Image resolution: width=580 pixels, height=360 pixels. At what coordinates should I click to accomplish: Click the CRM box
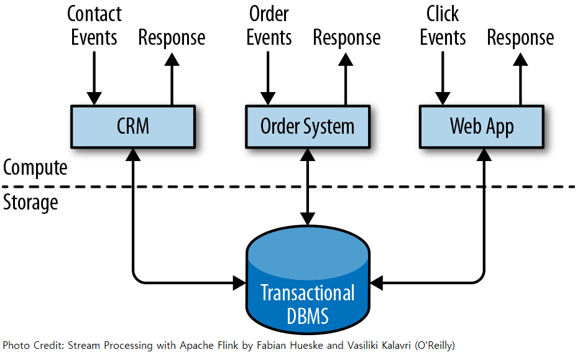(133, 127)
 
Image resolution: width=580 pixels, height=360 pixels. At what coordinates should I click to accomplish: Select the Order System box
(308, 127)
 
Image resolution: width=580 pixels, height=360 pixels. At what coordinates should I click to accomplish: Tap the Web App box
(482, 127)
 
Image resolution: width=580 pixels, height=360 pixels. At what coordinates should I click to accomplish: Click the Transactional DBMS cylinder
(308, 279)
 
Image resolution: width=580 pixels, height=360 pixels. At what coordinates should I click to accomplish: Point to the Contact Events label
(94, 26)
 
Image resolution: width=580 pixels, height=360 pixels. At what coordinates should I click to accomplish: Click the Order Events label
(269, 26)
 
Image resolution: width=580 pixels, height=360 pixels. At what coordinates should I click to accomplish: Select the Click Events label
(443, 26)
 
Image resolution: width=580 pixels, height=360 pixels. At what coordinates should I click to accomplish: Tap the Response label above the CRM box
(172, 38)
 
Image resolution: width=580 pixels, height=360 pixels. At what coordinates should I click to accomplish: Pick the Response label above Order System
(347, 38)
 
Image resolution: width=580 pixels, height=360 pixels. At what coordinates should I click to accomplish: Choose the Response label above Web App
(520, 38)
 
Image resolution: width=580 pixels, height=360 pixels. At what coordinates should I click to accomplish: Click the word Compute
(35, 168)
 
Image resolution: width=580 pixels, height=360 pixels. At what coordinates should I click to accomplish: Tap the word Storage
(30, 203)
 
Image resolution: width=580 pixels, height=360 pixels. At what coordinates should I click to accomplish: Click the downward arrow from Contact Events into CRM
(94, 78)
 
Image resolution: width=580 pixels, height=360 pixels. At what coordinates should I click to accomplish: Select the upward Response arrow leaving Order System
(346, 79)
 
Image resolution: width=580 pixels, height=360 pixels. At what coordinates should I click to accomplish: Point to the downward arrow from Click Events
(443, 78)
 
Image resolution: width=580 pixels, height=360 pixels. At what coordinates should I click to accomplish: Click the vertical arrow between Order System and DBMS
(308, 187)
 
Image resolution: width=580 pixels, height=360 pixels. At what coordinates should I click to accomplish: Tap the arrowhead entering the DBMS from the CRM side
(239, 283)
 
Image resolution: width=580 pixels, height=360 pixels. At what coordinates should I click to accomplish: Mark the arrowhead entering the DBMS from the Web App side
(377, 283)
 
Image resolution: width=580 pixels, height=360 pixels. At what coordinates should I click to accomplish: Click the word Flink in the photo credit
(228, 345)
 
